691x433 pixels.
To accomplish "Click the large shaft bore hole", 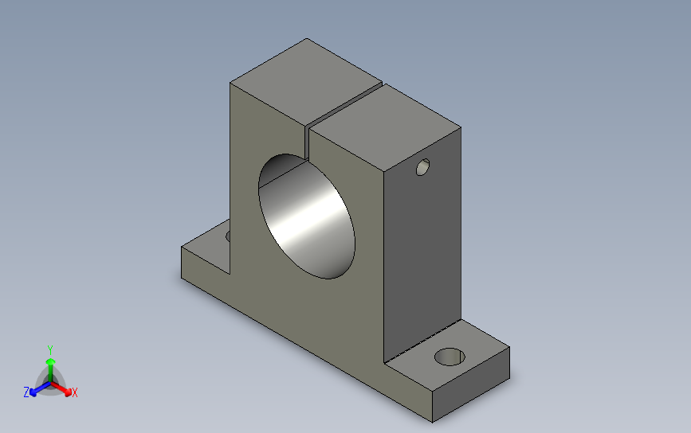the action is point(307,216).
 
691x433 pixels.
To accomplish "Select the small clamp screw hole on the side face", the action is point(422,167).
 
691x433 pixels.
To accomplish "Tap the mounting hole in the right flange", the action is point(450,357).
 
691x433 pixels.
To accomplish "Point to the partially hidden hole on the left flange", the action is point(228,236).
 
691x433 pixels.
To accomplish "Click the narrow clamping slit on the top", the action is point(344,106).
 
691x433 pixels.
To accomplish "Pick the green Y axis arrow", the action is point(50,369).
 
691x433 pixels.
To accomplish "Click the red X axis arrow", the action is point(61,388).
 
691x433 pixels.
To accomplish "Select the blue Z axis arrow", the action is point(40,389).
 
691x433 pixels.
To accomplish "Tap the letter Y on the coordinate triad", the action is point(50,350).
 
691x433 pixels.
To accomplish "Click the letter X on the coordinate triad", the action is point(74,392).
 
